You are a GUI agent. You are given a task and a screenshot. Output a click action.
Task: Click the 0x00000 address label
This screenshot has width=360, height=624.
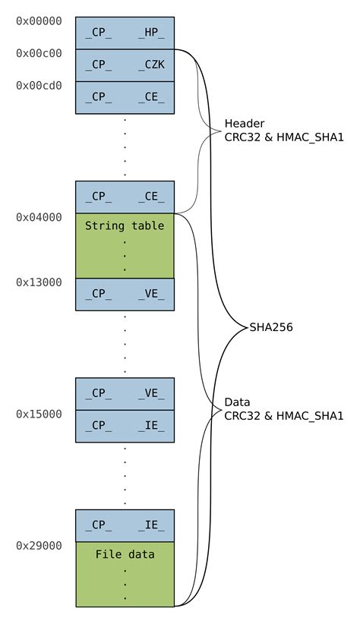(x=39, y=21)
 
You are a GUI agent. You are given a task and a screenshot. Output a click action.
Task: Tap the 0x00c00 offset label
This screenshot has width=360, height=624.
(x=39, y=54)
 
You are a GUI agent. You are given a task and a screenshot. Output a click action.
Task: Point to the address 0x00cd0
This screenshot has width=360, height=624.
(x=39, y=86)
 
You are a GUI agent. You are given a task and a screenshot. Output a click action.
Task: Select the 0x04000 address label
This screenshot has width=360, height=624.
(x=39, y=217)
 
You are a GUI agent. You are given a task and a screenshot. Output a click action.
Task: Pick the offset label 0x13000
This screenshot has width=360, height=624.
(x=39, y=282)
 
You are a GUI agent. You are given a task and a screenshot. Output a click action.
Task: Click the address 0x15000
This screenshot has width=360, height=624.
(x=39, y=414)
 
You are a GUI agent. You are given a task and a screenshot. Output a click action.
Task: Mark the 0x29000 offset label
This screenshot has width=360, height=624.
(x=39, y=546)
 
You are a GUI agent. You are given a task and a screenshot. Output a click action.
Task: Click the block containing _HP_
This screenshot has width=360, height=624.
(x=125, y=33)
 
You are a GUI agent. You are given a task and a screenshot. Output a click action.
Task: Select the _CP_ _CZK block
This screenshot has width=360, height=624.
(x=125, y=65)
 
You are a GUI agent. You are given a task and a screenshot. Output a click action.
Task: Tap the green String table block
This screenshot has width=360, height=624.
(x=125, y=245)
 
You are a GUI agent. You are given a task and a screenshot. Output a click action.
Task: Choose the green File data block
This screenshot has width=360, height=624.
(x=125, y=574)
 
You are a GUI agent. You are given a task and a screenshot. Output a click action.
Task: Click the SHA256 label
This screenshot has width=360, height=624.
(x=271, y=328)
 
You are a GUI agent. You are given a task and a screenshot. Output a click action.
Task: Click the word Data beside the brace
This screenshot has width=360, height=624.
(x=237, y=402)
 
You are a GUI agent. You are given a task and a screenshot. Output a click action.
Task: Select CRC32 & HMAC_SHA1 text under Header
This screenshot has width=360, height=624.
(x=284, y=138)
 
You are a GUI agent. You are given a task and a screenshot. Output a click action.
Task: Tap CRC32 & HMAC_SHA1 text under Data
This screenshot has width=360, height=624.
(x=284, y=415)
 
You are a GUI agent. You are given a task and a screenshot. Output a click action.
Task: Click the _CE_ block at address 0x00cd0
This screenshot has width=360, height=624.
(x=125, y=97)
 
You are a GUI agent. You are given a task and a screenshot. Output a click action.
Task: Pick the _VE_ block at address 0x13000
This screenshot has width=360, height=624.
(x=125, y=295)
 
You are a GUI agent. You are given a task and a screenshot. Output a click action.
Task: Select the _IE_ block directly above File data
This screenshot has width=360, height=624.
(x=125, y=525)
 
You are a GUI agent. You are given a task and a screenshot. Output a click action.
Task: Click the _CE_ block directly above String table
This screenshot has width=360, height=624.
(x=125, y=197)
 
